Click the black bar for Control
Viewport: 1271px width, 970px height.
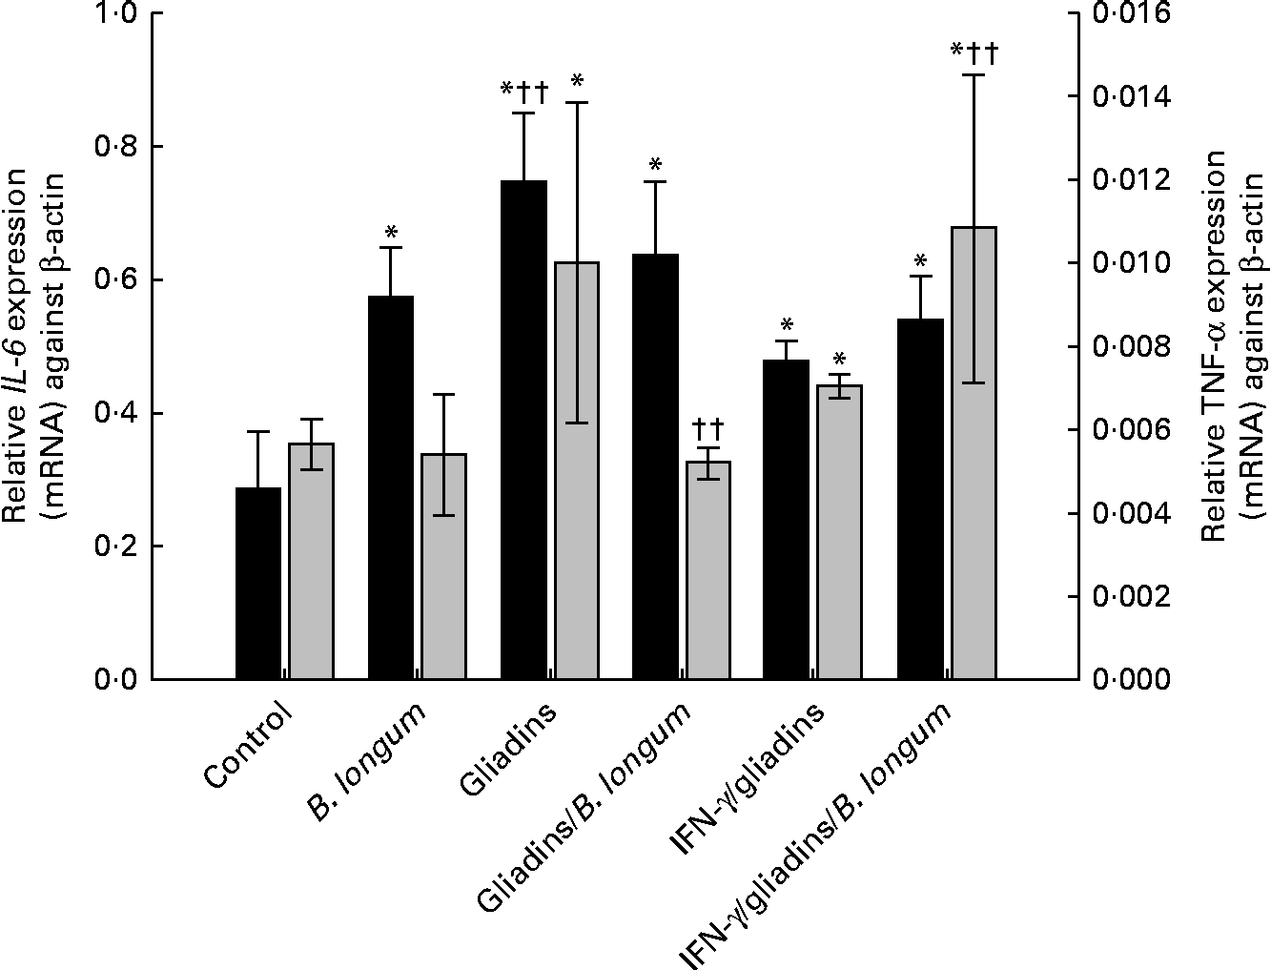[x=258, y=583]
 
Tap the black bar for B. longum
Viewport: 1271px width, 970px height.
[x=391, y=487]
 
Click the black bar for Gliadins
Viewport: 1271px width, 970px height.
[x=523, y=429]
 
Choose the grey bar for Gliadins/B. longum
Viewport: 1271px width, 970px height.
[x=708, y=569]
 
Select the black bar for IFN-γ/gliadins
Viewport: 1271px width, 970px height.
[x=787, y=519]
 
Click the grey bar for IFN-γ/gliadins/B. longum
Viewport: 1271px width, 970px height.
[x=974, y=453]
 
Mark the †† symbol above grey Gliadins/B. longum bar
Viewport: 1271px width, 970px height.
[x=708, y=423]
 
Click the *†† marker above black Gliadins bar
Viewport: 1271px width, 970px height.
[x=525, y=93]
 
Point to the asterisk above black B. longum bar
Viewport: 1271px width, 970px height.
[x=391, y=232]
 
